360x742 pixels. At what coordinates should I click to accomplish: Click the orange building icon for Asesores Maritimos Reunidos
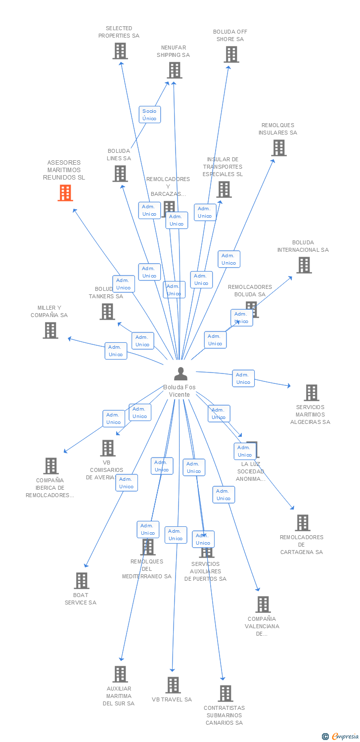[65, 193]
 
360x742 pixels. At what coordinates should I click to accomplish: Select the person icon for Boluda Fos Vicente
[180, 374]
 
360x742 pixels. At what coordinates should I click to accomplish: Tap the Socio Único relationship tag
[149, 115]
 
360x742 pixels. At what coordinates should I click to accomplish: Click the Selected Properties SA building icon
[120, 51]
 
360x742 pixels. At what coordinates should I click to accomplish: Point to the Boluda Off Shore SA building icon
[231, 54]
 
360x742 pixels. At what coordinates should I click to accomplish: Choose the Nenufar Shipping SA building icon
[174, 70]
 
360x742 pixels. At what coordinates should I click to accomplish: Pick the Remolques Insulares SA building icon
[278, 148]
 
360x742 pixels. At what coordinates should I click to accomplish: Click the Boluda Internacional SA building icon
[304, 265]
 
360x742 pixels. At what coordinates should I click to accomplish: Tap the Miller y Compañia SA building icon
[50, 330]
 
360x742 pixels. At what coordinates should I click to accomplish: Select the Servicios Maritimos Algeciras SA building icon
[311, 393]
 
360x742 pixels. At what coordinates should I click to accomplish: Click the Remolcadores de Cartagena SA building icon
[302, 523]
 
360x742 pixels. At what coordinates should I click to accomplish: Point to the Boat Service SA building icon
[81, 581]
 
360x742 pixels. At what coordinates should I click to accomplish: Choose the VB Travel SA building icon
[173, 685]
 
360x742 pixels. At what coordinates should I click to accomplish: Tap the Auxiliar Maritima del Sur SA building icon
[120, 674]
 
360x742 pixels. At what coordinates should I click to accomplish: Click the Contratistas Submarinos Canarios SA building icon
[225, 694]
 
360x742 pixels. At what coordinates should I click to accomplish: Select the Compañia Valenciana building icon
[263, 604]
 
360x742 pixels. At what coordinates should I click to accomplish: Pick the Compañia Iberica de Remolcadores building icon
[50, 466]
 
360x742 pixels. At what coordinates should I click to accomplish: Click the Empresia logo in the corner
[340, 737]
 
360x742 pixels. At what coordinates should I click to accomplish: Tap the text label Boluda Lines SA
[119, 155]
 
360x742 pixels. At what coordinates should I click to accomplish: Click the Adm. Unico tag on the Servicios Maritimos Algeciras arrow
[243, 378]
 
